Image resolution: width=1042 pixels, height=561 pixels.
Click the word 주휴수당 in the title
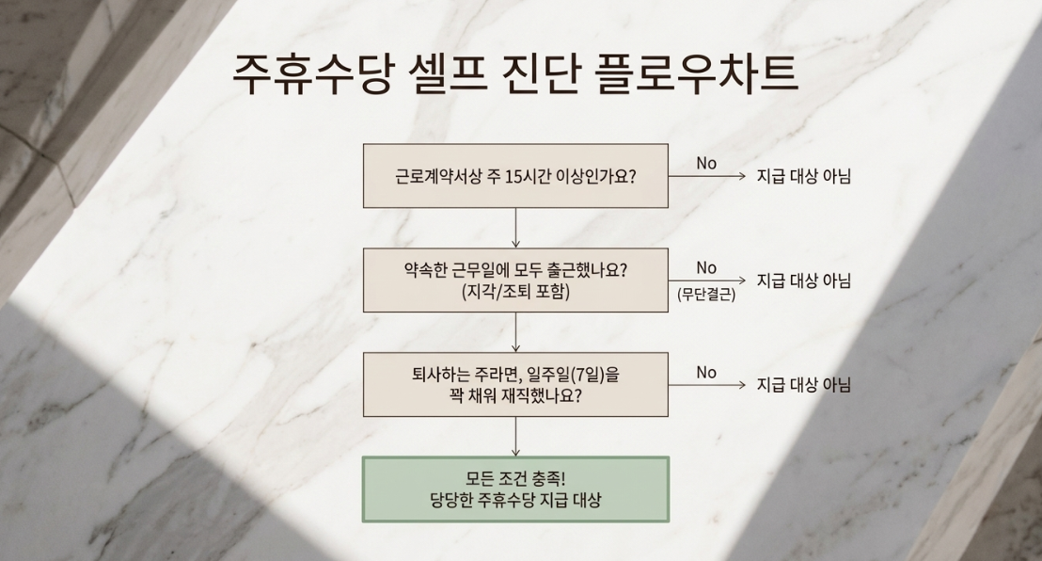(x=313, y=73)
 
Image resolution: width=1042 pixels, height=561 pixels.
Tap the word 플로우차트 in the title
(x=697, y=73)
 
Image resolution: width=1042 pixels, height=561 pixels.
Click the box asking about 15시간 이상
(x=515, y=176)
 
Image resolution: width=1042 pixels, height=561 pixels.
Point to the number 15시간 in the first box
(x=529, y=176)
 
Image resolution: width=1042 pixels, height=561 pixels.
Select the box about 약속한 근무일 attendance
(x=515, y=280)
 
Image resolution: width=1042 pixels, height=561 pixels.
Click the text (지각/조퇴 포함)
(x=515, y=292)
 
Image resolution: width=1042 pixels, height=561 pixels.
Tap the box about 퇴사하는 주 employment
(x=515, y=385)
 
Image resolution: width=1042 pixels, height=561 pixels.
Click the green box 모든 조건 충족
(x=515, y=489)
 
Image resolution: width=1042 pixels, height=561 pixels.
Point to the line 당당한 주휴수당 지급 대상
(x=515, y=500)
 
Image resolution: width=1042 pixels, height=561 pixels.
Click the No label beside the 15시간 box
(x=706, y=164)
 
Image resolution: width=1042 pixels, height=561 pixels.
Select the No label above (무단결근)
(x=706, y=268)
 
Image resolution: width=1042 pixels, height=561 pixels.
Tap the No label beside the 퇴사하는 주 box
(x=706, y=373)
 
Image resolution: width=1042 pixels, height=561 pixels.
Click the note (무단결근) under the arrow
(x=706, y=294)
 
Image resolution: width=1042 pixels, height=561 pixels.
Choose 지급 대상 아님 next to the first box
(x=804, y=176)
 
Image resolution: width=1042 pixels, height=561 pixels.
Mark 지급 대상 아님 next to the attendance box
(x=804, y=280)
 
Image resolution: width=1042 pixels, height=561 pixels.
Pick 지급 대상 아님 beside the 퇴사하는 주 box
(x=804, y=385)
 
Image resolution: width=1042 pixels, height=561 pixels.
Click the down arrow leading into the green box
(x=515, y=437)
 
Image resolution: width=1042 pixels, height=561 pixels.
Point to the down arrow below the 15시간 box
(x=515, y=229)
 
